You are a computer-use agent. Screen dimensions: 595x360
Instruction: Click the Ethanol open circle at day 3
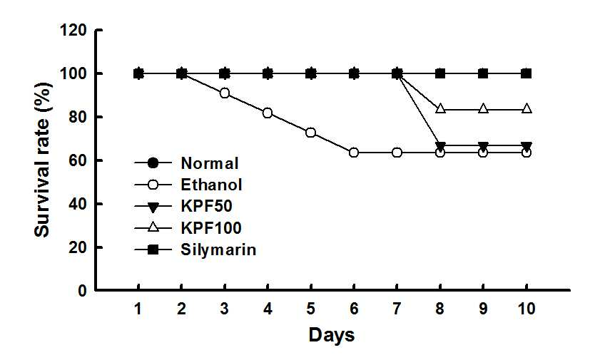coord(225,93)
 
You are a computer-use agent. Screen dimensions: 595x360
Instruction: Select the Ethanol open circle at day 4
coord(268,113)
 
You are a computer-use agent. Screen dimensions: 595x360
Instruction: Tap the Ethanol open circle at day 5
coord(311,133)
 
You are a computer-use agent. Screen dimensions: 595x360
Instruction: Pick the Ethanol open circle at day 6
coord(354,153)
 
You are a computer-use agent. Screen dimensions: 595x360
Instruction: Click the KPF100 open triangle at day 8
coord(440,108)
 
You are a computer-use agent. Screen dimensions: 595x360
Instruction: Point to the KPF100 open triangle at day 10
coord(527,108)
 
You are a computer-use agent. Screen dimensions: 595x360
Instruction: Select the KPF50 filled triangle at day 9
coord(483,146)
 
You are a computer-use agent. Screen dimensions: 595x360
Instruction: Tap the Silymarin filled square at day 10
coord(527,73)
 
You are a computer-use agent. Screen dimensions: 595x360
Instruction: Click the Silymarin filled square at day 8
coord(440,73)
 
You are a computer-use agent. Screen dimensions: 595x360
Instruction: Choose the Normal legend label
coord(210,163)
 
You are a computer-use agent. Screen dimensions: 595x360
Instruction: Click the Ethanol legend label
coord(211,185)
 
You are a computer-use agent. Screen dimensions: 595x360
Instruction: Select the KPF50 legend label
coord(206,206)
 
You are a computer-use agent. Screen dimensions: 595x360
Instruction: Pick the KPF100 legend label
coord(211,228)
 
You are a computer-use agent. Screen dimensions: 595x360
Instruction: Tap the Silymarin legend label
coord(218,250)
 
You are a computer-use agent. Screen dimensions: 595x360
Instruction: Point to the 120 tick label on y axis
coord(73,30)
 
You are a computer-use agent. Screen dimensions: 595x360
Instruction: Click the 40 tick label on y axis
coord(78,204)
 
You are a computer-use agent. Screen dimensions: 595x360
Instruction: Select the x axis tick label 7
coord(397,309)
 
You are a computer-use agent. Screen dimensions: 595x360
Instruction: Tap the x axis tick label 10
coord(527,309)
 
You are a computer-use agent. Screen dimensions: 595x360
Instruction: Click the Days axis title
coord(332,335)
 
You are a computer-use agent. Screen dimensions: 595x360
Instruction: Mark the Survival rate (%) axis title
coord(43,160)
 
